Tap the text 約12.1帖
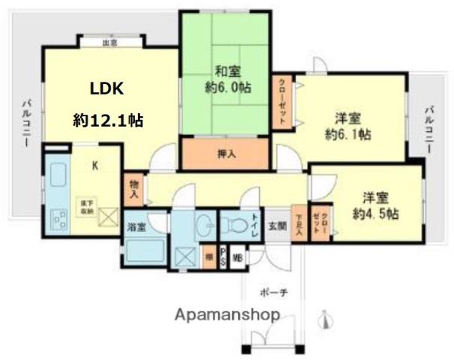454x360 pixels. coord(109,120)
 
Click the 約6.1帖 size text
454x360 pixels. coord(348,135)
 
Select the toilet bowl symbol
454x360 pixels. coord(233,223)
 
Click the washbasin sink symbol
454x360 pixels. coord(202,224)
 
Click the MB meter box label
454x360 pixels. coord(237,257)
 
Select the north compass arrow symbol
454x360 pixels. coord(324,321)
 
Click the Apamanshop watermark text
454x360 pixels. coord(228,315)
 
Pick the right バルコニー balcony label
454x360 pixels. coord(429,130)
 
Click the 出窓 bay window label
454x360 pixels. coord(110,43)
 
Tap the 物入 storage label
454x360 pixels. coord(133,187)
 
